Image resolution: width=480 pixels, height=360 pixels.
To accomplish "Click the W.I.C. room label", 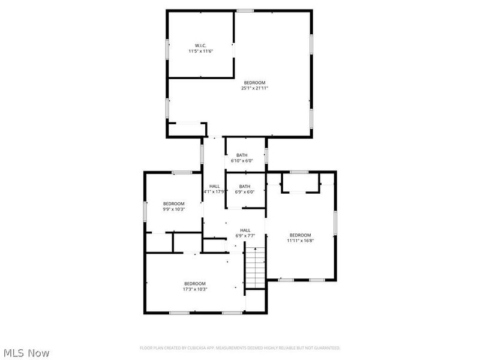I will (x=201, y=46).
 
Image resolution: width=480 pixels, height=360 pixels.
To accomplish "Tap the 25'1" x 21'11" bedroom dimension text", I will (x=255, y=88).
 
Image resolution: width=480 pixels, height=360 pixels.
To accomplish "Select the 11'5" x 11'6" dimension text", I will (x=201, y=52).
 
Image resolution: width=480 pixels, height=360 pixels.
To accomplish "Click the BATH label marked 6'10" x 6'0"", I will (x=242, y=155).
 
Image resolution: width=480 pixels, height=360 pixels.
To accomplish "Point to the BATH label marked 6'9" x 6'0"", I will (x=245, y=186).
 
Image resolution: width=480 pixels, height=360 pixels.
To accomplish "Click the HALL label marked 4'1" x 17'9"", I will (x=214, y=186).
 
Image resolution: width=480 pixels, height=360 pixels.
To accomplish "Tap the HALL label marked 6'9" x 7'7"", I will (x=245, y=230).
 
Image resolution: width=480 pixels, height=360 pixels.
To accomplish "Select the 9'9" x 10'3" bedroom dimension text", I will (x=174, y=209).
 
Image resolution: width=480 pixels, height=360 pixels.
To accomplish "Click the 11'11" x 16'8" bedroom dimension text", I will (x=301, y=241).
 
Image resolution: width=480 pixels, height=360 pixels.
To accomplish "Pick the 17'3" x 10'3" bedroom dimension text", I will (x=195, y=289).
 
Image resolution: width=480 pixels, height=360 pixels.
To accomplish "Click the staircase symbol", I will (x=255, y=269).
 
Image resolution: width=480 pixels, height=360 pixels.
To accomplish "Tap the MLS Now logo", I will (x=26, y=353).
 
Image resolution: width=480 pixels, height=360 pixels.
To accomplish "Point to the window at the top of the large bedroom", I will (x=245, y=10).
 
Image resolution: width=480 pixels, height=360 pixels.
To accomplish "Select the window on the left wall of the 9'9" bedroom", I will (x=145, y=211).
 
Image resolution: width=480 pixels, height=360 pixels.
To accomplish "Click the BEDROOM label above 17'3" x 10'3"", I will (x=195, y=284).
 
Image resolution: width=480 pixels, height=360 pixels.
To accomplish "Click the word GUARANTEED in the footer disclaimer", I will (x=326, y=348).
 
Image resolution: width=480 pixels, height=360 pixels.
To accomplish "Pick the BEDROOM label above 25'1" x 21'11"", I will (x=254, y=83).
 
